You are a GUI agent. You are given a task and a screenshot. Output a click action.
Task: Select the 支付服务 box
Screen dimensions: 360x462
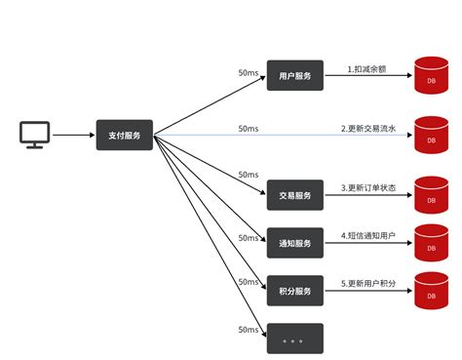click(125, 136)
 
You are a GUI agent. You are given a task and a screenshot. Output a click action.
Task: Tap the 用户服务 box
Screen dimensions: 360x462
click(294, 75)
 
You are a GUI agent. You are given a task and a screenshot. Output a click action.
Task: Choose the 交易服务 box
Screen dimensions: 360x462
click(294, 195)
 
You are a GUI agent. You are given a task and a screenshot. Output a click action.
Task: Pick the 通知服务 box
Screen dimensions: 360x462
click(294, 242)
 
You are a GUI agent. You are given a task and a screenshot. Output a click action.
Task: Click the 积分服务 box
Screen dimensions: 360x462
click(294, 290)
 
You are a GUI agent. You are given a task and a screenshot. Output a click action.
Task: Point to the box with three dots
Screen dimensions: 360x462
click(294, 338)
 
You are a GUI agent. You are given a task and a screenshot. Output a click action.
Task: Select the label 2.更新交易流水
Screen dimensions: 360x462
click(371, 128)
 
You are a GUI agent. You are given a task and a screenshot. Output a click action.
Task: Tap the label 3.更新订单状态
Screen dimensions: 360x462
click(371, 188)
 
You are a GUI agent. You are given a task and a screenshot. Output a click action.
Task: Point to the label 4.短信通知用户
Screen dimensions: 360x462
click(371, 235)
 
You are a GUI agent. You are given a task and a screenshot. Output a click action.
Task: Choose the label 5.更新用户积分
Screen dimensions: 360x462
click(371, 283)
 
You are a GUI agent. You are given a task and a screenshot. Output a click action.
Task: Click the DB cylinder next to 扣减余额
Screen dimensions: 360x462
click(431, 76)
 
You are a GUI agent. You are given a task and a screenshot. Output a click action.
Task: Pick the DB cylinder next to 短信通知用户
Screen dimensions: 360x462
click(431, 243)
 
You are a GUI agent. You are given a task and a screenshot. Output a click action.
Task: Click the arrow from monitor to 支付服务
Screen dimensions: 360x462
click(73, 136)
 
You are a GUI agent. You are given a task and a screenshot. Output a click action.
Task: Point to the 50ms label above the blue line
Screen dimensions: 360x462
click(249, 128)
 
